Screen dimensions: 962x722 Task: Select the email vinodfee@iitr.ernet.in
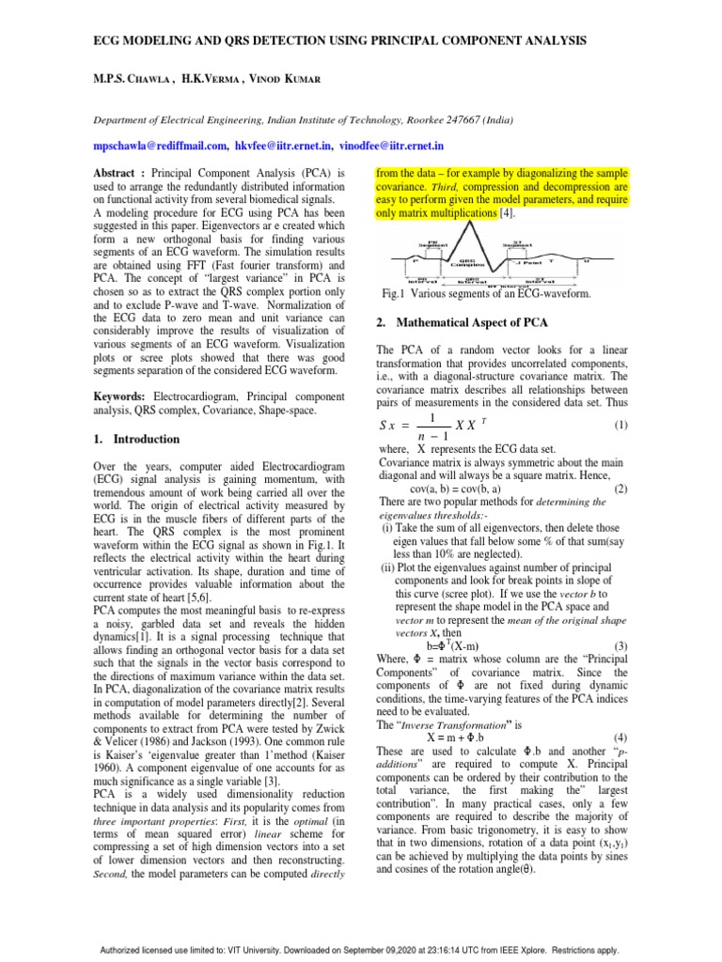coord(392,147)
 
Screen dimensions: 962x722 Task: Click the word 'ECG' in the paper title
coord(107,40)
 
